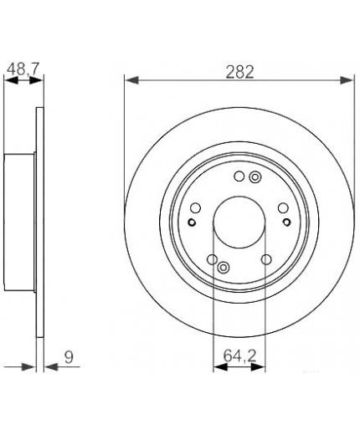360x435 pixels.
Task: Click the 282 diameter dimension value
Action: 239,72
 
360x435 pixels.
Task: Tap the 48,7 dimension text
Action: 23,69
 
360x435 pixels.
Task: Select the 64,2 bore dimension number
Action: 239,356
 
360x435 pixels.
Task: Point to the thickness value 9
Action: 69,357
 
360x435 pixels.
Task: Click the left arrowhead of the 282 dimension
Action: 131,80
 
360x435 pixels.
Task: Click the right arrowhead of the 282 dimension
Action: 346,80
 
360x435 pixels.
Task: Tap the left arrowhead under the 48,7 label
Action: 12,80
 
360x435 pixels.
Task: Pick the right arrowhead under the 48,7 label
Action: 36,80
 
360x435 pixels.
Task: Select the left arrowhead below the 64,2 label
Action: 220,367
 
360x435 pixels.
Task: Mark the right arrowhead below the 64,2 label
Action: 258,367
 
